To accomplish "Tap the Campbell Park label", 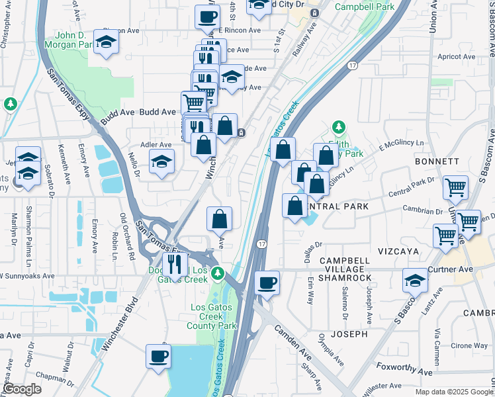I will point(364,7).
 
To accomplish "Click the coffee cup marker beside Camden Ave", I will point(267,283).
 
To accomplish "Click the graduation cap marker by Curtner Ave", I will point(415,280).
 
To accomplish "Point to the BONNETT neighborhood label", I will point(436,161).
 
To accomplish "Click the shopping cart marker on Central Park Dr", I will point(455,187).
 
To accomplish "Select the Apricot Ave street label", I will point(456,57).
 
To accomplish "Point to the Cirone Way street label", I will point(471,345).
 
